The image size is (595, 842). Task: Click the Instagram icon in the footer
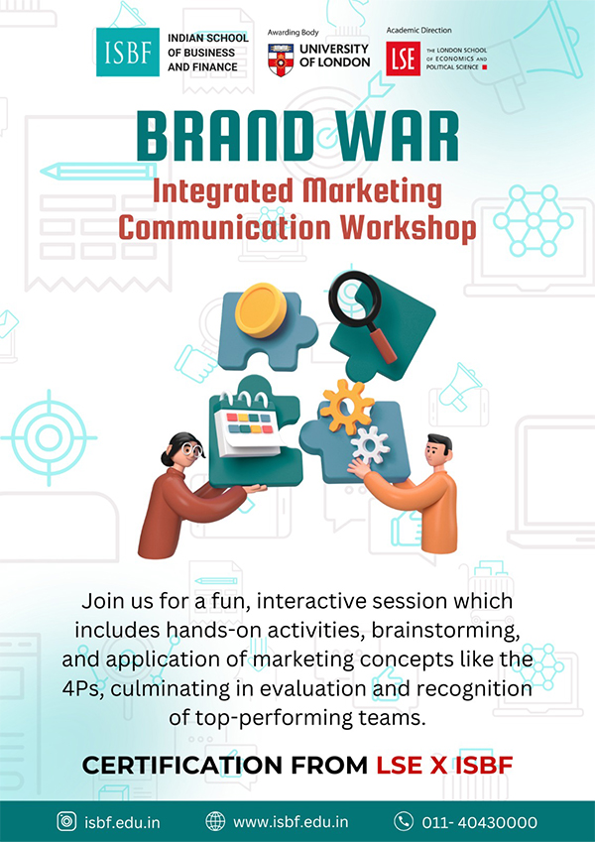66,822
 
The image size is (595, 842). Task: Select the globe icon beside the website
215,822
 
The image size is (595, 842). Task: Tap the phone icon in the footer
404,822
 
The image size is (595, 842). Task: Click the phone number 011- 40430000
480,822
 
